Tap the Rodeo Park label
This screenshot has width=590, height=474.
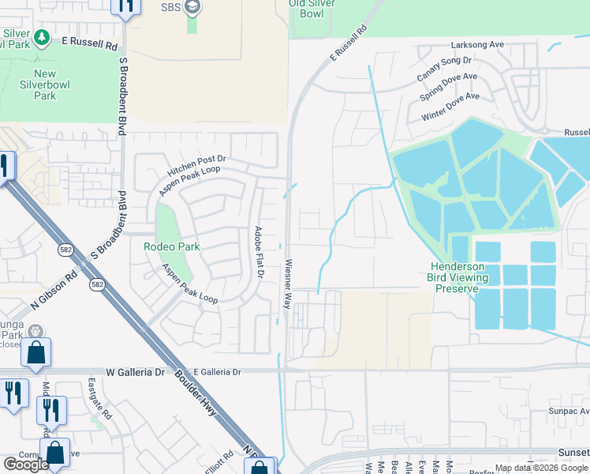(171, 246)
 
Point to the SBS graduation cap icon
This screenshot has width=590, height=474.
(192, 8)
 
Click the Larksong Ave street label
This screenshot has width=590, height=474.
(476, 45)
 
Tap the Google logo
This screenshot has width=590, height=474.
(26, 464)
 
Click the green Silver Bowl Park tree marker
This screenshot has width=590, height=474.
(42, 37)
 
